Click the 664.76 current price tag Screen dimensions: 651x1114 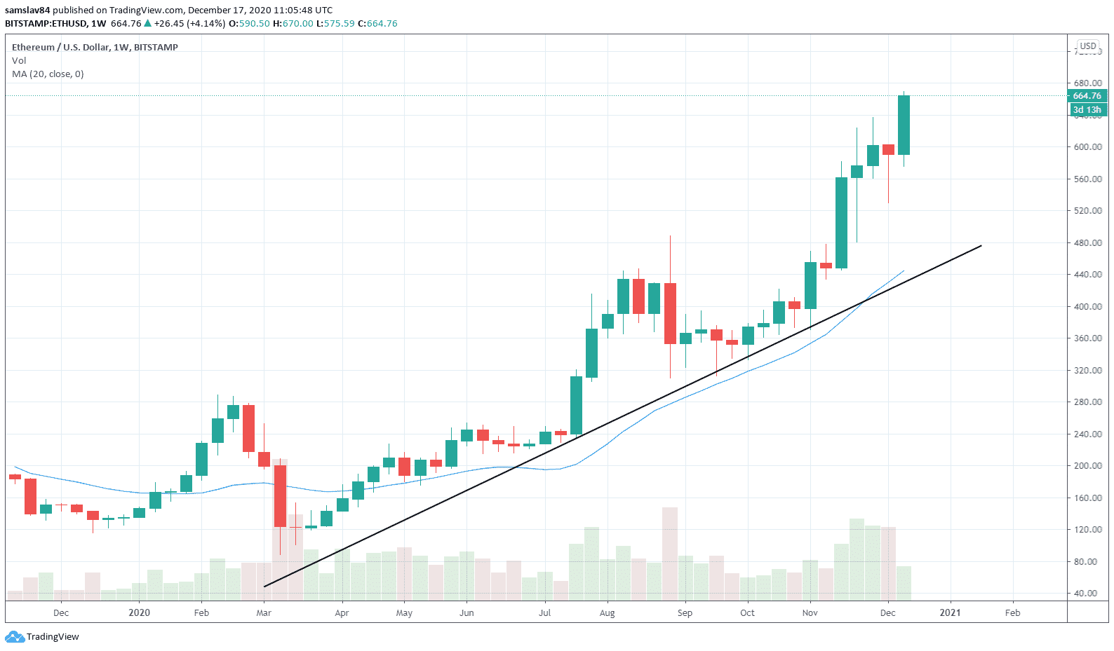pyautogui.click(x=1087, y=96)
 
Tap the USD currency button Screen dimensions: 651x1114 pyautogui.click(x=1088, y=46)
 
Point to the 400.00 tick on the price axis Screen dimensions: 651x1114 pyautogui.click(x=1087, y=307)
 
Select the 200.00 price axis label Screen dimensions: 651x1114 pyautogui.click(x=1087, y=466)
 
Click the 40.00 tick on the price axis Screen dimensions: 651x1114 pyautogui.click(x=1087, y=594)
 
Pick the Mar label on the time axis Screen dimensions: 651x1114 pyautogui.click(x=264, y=613)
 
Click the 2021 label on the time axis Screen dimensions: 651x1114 pyautogui.click(x=951, y=613)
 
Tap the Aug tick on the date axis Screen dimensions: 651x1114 pyautogui.click(x=608, y=613)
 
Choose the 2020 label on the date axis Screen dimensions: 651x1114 pyautogui.click(x=140, y=613)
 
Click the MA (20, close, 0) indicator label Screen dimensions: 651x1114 pyautogui.click(x=48, y=74)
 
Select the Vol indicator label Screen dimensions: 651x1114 pyautogui.click(x=19, y=61)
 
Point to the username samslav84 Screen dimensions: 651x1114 pyautogui.click(x=27, y=11)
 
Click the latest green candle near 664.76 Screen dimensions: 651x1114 pyautogui.click(x=904, y=125)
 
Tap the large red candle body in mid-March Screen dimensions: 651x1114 pyautogui.click(x=280, y=495)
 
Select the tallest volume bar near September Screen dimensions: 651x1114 pyautogui.click(x=670, y=554)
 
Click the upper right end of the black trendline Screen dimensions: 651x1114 pyautogui.click(x=980, y=246)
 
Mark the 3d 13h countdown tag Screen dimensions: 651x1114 pyautogui.click(x=1087, y=110)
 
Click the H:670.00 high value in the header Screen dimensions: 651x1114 pyautogui.click(x=293, y=24)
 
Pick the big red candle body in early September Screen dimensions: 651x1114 pyautogui.click(x=670, y=313)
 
